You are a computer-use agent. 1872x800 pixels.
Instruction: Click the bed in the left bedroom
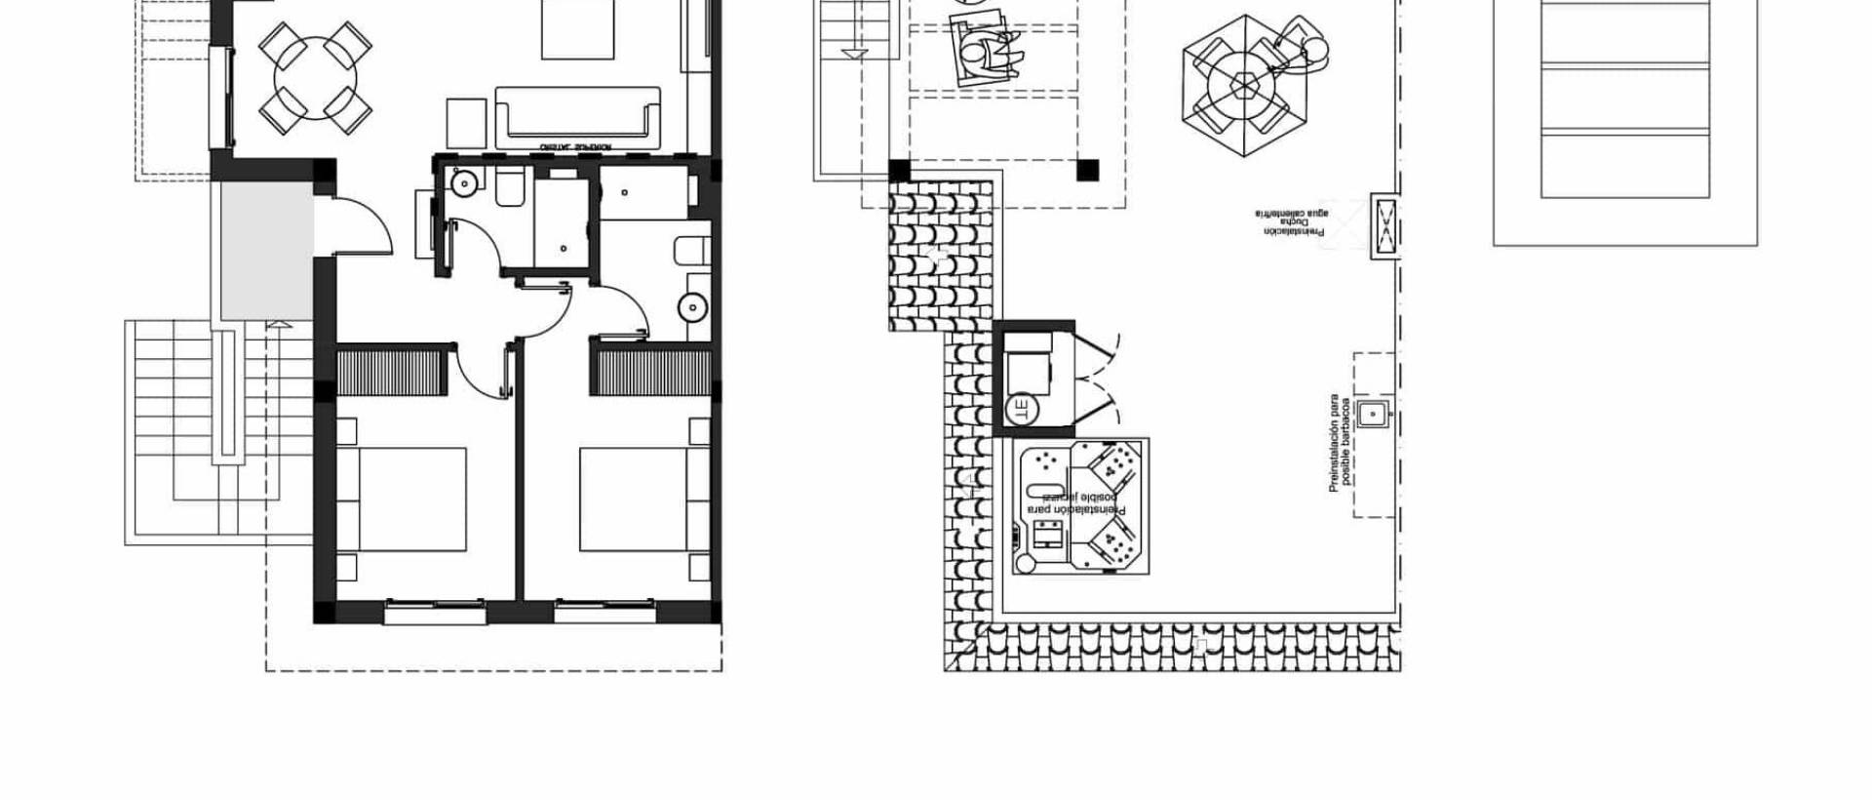402,500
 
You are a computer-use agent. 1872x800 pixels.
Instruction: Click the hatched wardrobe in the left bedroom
392,371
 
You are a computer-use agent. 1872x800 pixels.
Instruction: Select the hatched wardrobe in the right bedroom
650,371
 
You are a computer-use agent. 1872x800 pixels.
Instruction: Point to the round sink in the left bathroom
462,181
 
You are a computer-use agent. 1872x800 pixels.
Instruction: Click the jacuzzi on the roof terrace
1079,505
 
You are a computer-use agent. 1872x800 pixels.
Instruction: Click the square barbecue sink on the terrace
1373,415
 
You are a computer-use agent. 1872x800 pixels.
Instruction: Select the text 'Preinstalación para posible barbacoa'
1340,444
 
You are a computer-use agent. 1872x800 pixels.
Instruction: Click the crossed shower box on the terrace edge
1384,225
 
